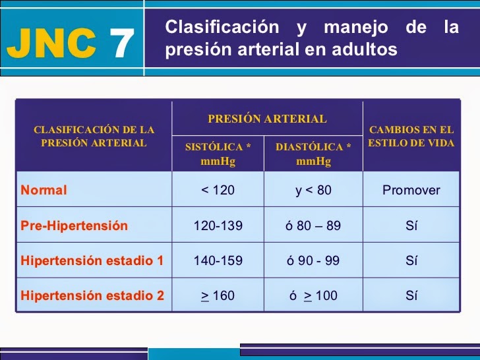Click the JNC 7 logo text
[x=71, y=44]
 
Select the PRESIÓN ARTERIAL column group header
[x=267, y=119]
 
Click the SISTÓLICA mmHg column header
[x=218, y=154]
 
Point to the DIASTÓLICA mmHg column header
[x=313, y=154]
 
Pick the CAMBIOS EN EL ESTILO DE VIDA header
[x=411, y=136]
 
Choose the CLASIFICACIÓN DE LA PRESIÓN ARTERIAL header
[x=94, y=136]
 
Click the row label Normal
[x=44, y=190]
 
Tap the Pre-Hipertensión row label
[x=74, y=225]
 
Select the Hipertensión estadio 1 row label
[x=92, y=260]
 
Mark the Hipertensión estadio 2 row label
[x=92, y=295]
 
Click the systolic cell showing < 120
[x=218, y=190]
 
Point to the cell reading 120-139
[x=218, y=225]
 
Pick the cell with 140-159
[x=218, y=260]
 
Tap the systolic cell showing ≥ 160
[x=218, y=295]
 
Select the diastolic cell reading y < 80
[x=313, y=190]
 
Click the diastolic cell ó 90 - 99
[x=313, y=260]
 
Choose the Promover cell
[x=411, y=190]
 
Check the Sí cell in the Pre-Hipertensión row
[x=411, y=225]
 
